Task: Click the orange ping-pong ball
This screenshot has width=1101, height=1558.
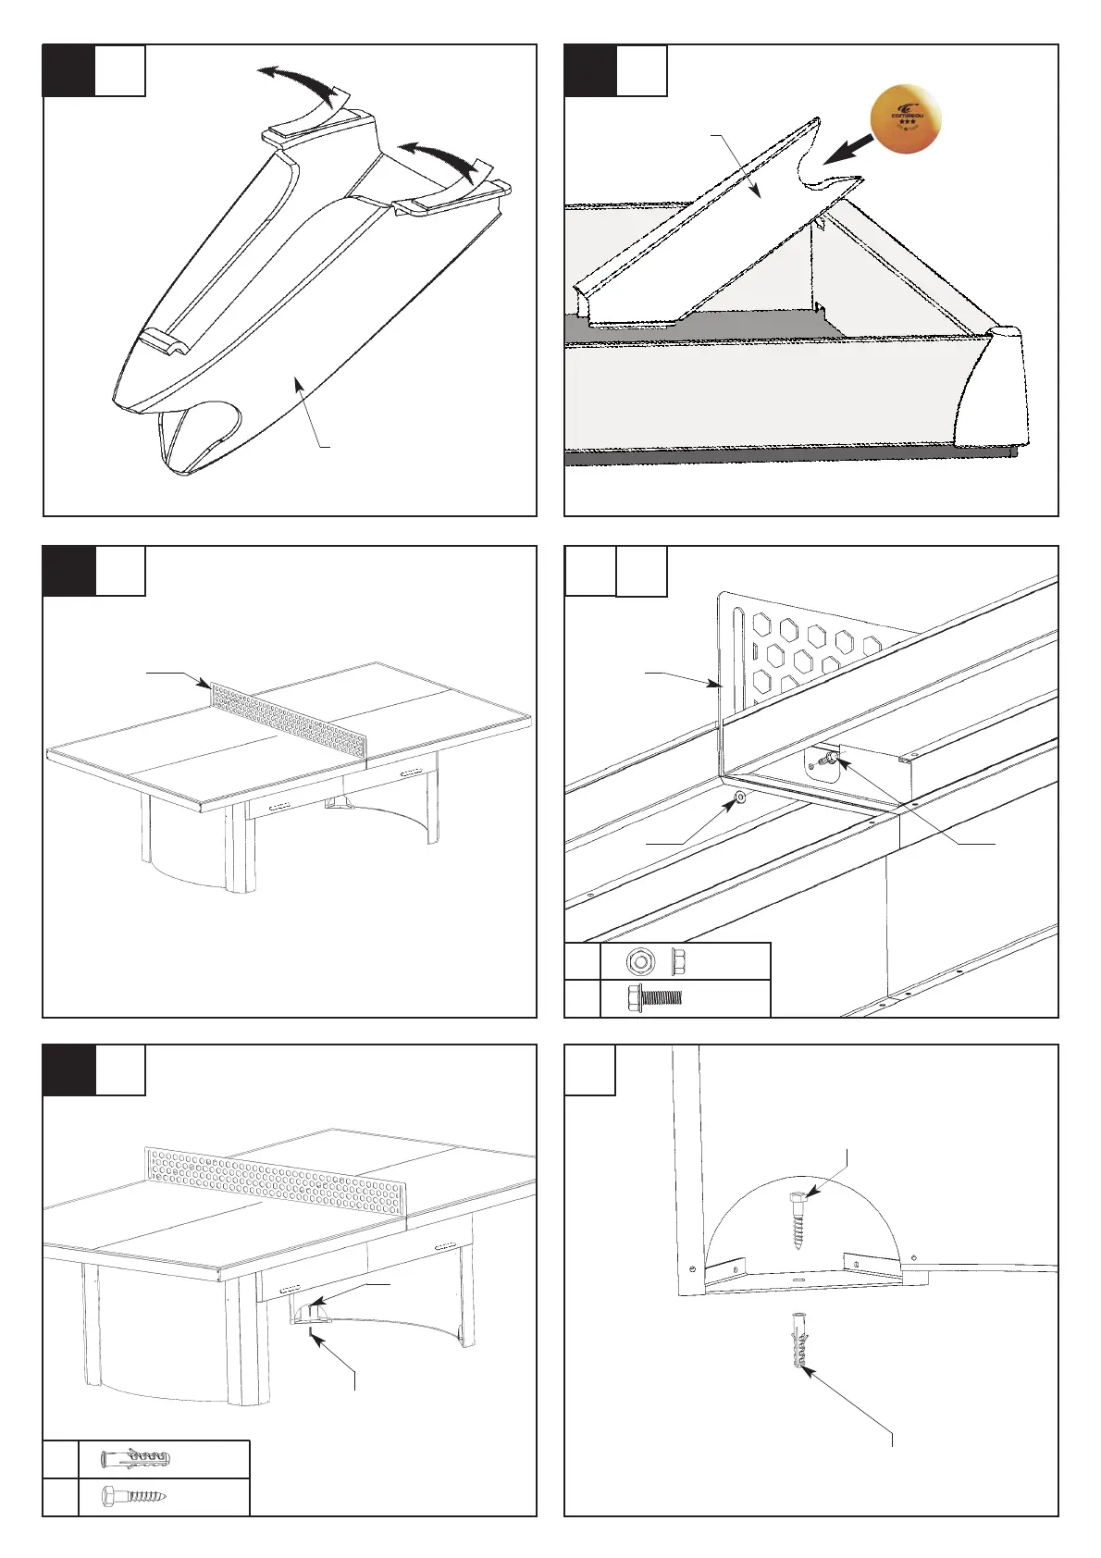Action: (907, 117)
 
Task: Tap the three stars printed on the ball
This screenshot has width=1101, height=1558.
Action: (907, 122)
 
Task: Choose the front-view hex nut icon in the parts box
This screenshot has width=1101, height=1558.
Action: (637, 962)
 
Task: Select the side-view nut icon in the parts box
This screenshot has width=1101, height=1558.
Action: (676, 962)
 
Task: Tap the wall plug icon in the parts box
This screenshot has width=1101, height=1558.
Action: (136, 1459)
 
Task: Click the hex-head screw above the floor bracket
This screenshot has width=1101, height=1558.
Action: (798, 1220)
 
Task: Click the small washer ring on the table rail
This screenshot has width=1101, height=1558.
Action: (739, 797)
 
